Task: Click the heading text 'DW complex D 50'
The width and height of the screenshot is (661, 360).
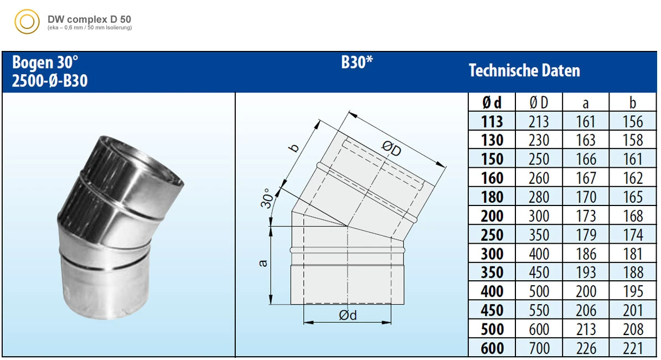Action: [x=89, y=19]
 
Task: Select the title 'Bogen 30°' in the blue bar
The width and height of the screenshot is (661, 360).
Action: [x=45, y=63]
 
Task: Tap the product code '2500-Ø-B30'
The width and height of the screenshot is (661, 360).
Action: [x=50, y=81]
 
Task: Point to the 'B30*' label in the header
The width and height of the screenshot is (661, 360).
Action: [x=357, y=63]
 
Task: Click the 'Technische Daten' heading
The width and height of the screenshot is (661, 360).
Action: [x=524, y=71]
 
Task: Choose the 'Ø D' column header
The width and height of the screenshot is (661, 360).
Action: [x=539, y=102]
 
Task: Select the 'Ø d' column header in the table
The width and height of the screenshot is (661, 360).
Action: [x=492, y=102]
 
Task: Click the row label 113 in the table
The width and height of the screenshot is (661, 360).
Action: [x=492, y=121]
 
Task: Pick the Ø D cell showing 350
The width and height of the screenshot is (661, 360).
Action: [x=539, y=235]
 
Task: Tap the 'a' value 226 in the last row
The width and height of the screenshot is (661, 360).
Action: [x=586, y=348]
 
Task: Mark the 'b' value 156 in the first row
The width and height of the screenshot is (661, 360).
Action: [x=633, y=121]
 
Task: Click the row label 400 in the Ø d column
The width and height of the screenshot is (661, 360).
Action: [x=492, y=291]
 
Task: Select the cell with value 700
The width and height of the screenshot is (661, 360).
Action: [x=539, y=348]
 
